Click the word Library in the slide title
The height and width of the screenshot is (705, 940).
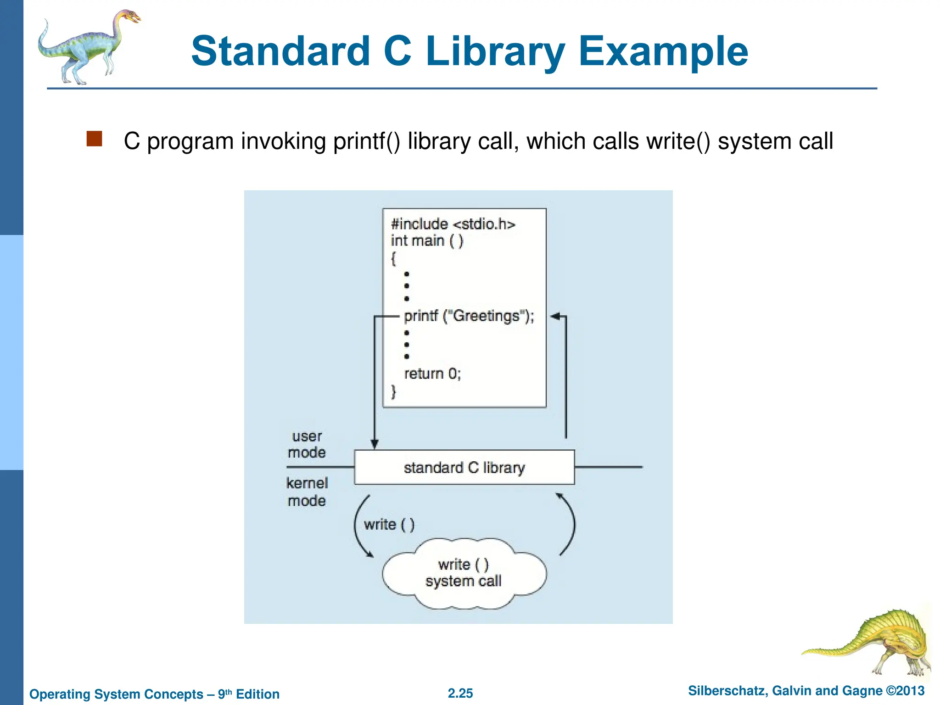[495, 51]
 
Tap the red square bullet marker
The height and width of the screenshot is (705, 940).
[94, 139]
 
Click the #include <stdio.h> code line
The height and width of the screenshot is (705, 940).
[453, 224]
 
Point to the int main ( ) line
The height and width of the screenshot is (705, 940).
[427, 241]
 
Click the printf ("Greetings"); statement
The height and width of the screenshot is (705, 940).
[469, 316]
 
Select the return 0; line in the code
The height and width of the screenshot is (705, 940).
[432, 374]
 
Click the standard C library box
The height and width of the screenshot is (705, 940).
[464, 467]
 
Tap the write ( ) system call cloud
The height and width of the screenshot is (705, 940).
[464, 573]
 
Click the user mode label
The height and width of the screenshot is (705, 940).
[307, 444]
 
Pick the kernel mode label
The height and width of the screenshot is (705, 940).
[307, 492]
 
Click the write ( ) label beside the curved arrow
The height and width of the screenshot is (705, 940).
[389, 524]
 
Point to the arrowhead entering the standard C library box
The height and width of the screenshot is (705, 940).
[375, 444]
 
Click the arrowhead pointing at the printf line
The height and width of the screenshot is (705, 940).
[555, 316]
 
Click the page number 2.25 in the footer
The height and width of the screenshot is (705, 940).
[460, 693]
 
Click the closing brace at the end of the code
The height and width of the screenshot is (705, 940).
[393, 392]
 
